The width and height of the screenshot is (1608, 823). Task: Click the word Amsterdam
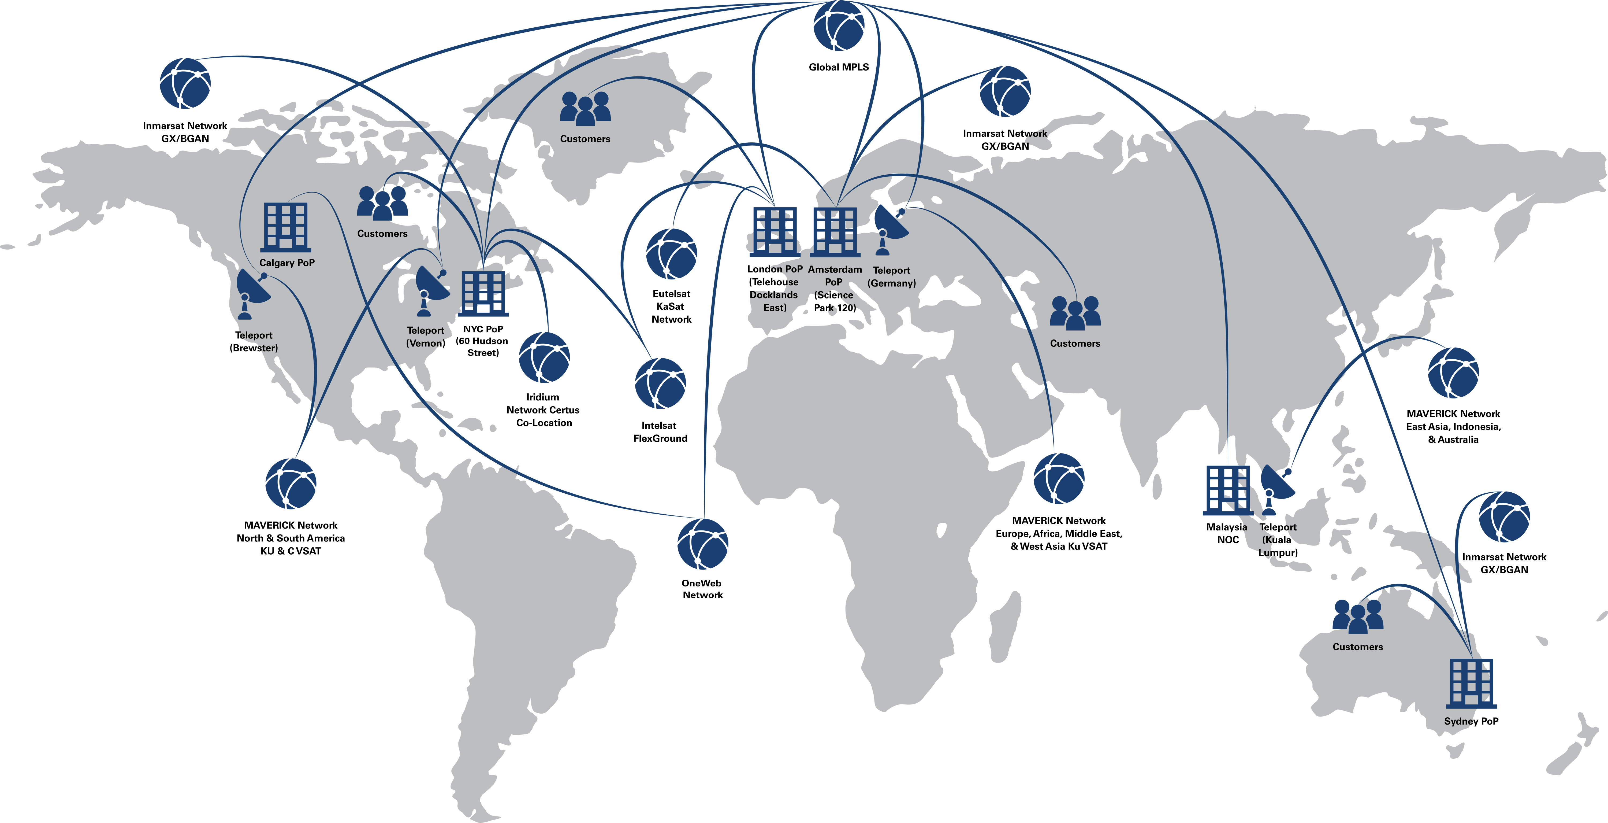coord(835,269)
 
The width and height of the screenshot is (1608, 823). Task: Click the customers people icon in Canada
coord(382,203)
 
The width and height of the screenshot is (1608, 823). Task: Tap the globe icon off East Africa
coord(1059,478)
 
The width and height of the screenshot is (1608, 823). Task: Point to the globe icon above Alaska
coord(185,83)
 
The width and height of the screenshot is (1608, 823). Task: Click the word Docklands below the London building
coord(774,295)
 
